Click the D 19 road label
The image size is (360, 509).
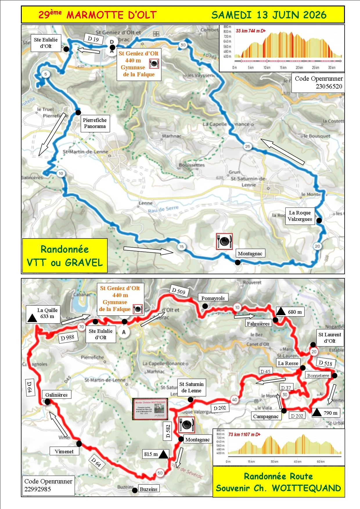point(93,39)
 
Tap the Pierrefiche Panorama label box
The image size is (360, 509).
point(95,123)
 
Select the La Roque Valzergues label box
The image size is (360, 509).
point(300,216)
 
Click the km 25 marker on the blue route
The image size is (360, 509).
point(247,146)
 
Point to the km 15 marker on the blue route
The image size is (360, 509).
point(181,247)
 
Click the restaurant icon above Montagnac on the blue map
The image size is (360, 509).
point(224,241)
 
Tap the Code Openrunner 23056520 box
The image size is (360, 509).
point(318,82)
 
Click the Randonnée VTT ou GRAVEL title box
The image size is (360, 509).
point(65,256)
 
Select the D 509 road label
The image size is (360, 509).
point(178,290)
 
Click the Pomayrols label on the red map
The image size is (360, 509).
point(213,298)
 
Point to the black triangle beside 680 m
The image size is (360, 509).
point(281,312)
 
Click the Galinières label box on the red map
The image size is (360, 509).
point(56,395)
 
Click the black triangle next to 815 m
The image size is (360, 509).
point(163,454)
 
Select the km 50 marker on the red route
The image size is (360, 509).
point(160,473)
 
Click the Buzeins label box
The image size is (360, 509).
point(148,489)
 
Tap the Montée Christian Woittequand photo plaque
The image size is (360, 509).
point(150,409)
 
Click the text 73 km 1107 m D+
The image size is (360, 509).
point(244,434)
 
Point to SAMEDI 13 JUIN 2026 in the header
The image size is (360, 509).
point(269,15)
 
